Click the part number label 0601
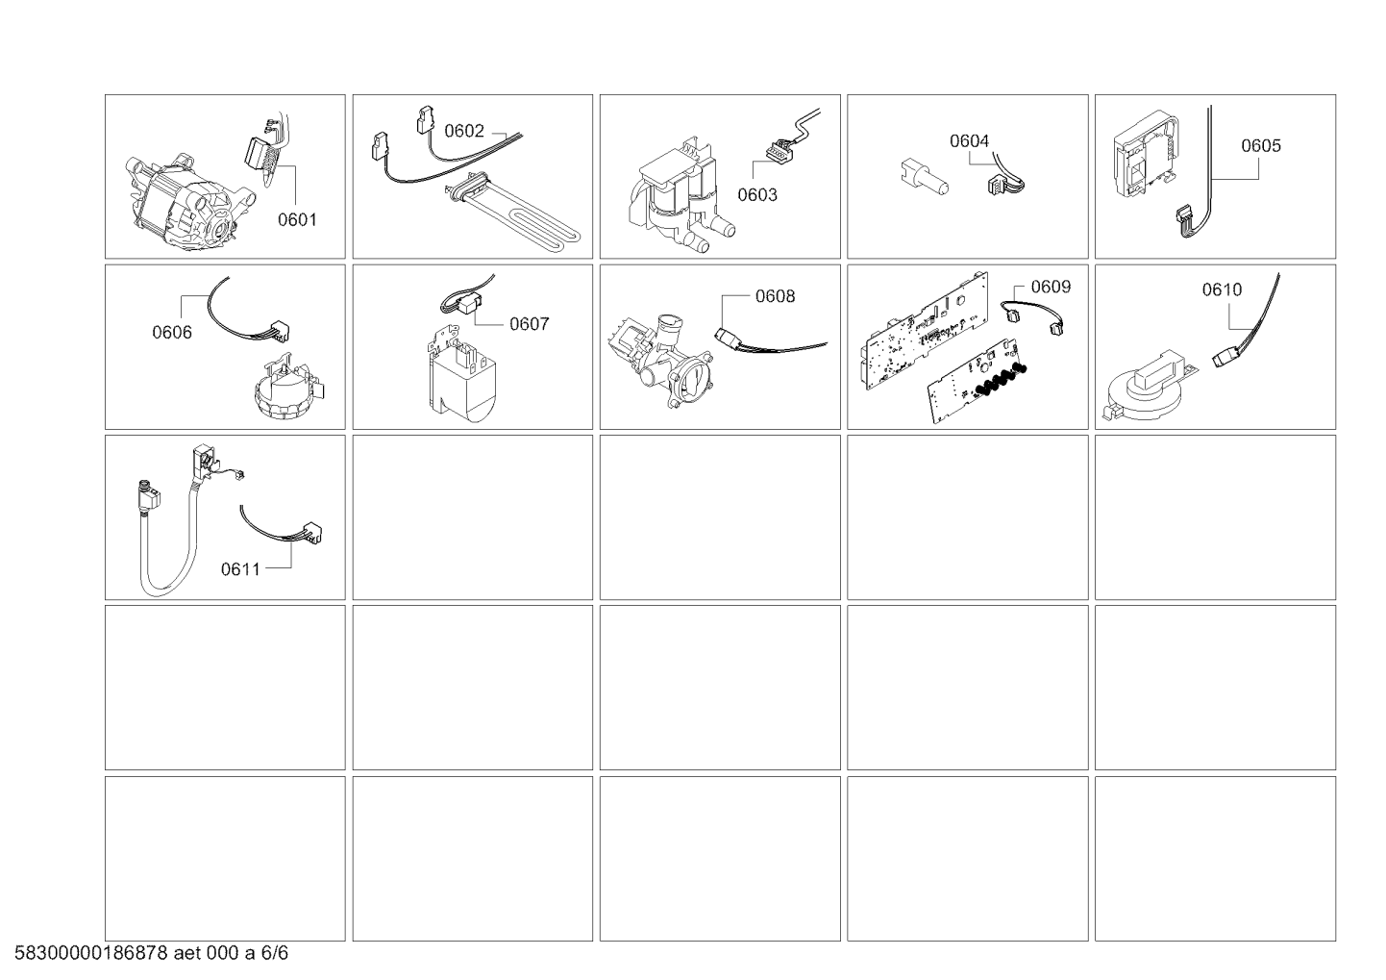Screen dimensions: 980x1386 pos(297,219)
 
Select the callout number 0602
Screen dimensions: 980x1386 pos(464,132)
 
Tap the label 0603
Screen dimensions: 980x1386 pos(757,195)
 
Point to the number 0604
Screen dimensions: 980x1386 pos(969,141)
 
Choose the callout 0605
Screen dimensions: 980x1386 pos(1260,146)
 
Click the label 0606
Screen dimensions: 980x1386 pos(172,333)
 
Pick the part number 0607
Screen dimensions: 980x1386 pos(529,324)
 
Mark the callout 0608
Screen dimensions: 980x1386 pos(775,296)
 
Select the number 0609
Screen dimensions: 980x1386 pos(1051,287)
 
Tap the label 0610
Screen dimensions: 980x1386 pos(1222,289)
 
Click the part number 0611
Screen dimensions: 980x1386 pos(240,569)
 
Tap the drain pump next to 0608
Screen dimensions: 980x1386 pos(663,356)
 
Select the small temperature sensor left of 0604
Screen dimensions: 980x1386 pos(922,179)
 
